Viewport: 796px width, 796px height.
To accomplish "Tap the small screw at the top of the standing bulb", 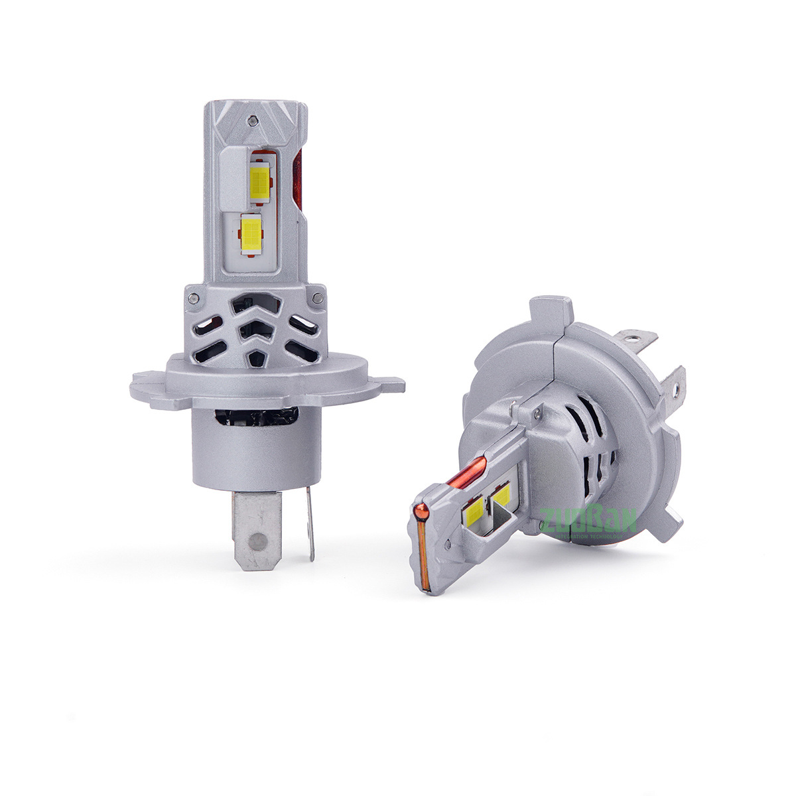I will click(253, 120).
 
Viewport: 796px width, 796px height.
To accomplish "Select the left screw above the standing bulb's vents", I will click(193, 299).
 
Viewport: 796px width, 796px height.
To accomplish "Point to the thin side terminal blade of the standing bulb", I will click(309, 524).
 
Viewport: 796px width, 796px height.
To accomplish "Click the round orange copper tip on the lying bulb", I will click(420, 511).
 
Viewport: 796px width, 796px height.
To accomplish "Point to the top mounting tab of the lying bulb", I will click(551, 312).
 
